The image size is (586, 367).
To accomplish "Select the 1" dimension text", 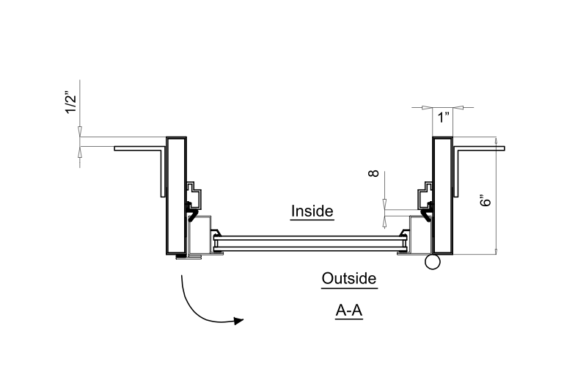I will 443,118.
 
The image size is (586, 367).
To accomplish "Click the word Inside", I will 312,211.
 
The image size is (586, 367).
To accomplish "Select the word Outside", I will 349,279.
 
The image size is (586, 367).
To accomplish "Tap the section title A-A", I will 350,311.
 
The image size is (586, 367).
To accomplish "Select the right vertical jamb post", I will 442,195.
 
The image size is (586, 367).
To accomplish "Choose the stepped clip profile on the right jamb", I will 423,197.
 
